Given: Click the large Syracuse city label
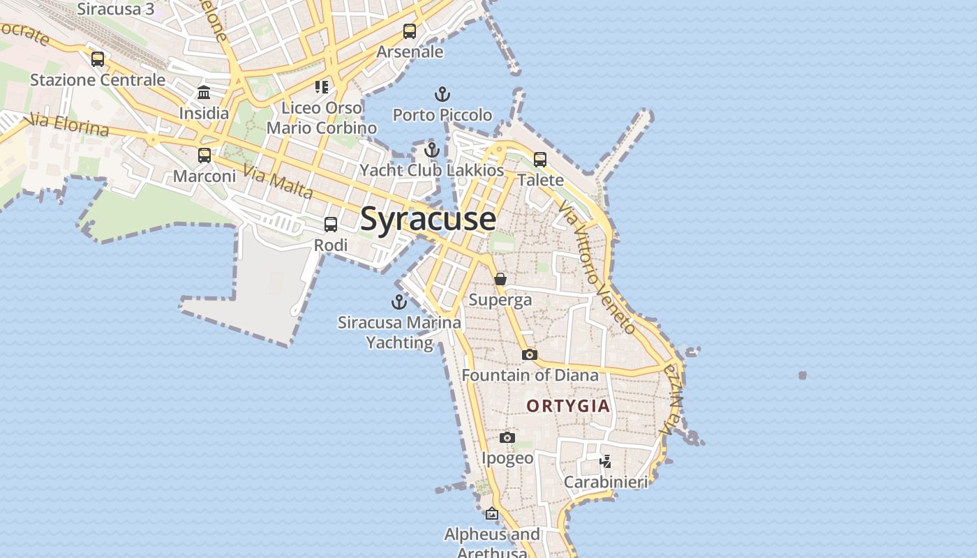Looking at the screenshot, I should pos(428,219).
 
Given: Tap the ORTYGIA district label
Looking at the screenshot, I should pos(568,406).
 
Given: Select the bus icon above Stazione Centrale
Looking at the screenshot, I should pos(98,59).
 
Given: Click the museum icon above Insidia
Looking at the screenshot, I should pos(204,92).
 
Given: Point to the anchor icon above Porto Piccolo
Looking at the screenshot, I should pos(442,94).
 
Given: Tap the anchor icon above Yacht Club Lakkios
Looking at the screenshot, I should pos(432,150).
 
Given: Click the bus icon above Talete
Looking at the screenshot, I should pos(540,160).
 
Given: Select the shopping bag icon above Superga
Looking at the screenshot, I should pos(500,279).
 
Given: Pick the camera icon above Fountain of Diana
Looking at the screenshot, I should pos(530,354).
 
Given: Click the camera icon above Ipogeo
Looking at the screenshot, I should pos(507,437).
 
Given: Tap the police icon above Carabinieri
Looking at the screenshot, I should pos(606,461).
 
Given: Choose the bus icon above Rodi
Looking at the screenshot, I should pos(331,225).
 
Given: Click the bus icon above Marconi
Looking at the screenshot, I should pos(204,156).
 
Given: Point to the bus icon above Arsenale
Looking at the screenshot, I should pos(410,31).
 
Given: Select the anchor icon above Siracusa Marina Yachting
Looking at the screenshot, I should pos(399,302).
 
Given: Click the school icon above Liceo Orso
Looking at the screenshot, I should pos(322,87).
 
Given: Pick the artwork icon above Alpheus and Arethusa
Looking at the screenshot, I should pos(492,513).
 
